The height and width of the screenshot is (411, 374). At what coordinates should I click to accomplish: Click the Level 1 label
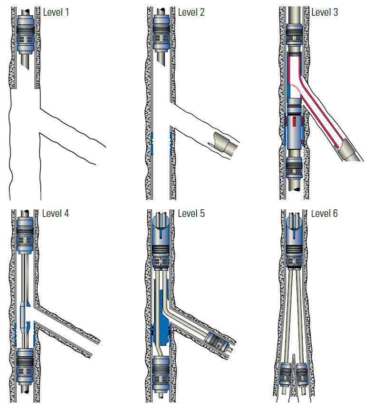click(x=56, y=12)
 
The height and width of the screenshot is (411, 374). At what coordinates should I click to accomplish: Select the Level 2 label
click(x=191, y=12)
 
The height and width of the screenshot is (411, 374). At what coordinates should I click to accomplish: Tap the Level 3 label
click(x=325, y=12)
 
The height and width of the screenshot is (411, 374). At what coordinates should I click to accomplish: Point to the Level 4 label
click(x=56, y=214)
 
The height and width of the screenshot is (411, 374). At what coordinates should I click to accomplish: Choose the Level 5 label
click(x=191, y=214)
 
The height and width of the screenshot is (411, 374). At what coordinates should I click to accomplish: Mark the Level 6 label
click(x=324, y=214)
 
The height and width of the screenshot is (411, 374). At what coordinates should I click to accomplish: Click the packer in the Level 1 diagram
click(x=25, y=34)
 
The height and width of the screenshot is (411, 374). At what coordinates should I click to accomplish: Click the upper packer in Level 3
click(x=294, y=35)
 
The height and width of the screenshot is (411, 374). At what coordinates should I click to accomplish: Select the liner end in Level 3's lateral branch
click(x=350, y=150)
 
